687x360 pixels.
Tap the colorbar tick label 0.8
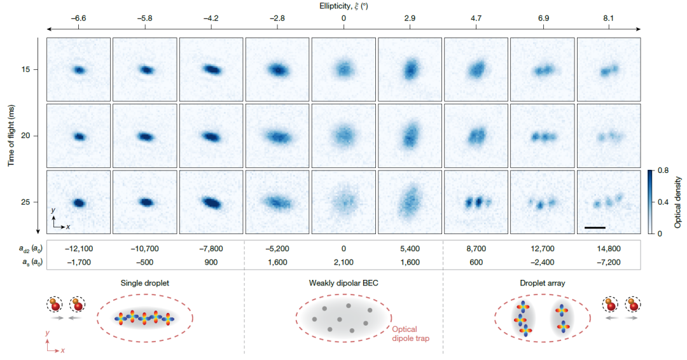(662, 170)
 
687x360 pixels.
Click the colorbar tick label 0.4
(662, 202)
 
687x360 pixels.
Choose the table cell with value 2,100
(343, 260)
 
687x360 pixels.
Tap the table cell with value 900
(211, 260)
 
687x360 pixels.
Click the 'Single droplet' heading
(145, 284)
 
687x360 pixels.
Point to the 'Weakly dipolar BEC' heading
(343, 284)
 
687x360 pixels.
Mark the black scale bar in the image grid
(594, 226)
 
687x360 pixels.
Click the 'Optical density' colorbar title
(678, 202)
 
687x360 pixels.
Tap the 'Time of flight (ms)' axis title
(11, 135)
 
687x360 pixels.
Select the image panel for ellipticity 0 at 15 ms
(343, 69)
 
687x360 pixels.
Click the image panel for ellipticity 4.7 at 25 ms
(476, 202)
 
